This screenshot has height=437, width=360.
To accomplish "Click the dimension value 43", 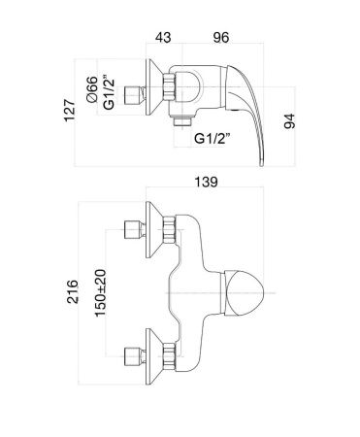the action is [163, 37].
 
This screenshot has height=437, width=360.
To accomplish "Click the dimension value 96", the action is [221, 37].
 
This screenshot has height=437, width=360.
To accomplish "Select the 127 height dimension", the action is [69, 111].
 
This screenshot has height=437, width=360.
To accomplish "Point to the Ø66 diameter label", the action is [92, 89].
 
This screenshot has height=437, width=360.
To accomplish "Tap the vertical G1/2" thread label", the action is [109, 92].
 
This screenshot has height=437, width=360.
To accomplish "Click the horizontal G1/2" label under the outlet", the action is [213, 139].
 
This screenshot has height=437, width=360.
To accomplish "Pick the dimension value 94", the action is [289, 121].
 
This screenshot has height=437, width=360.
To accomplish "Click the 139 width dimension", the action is [206, 182].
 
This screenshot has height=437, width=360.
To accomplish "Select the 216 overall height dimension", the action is [73, 291].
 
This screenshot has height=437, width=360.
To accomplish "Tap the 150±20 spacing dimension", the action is [101, 293].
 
